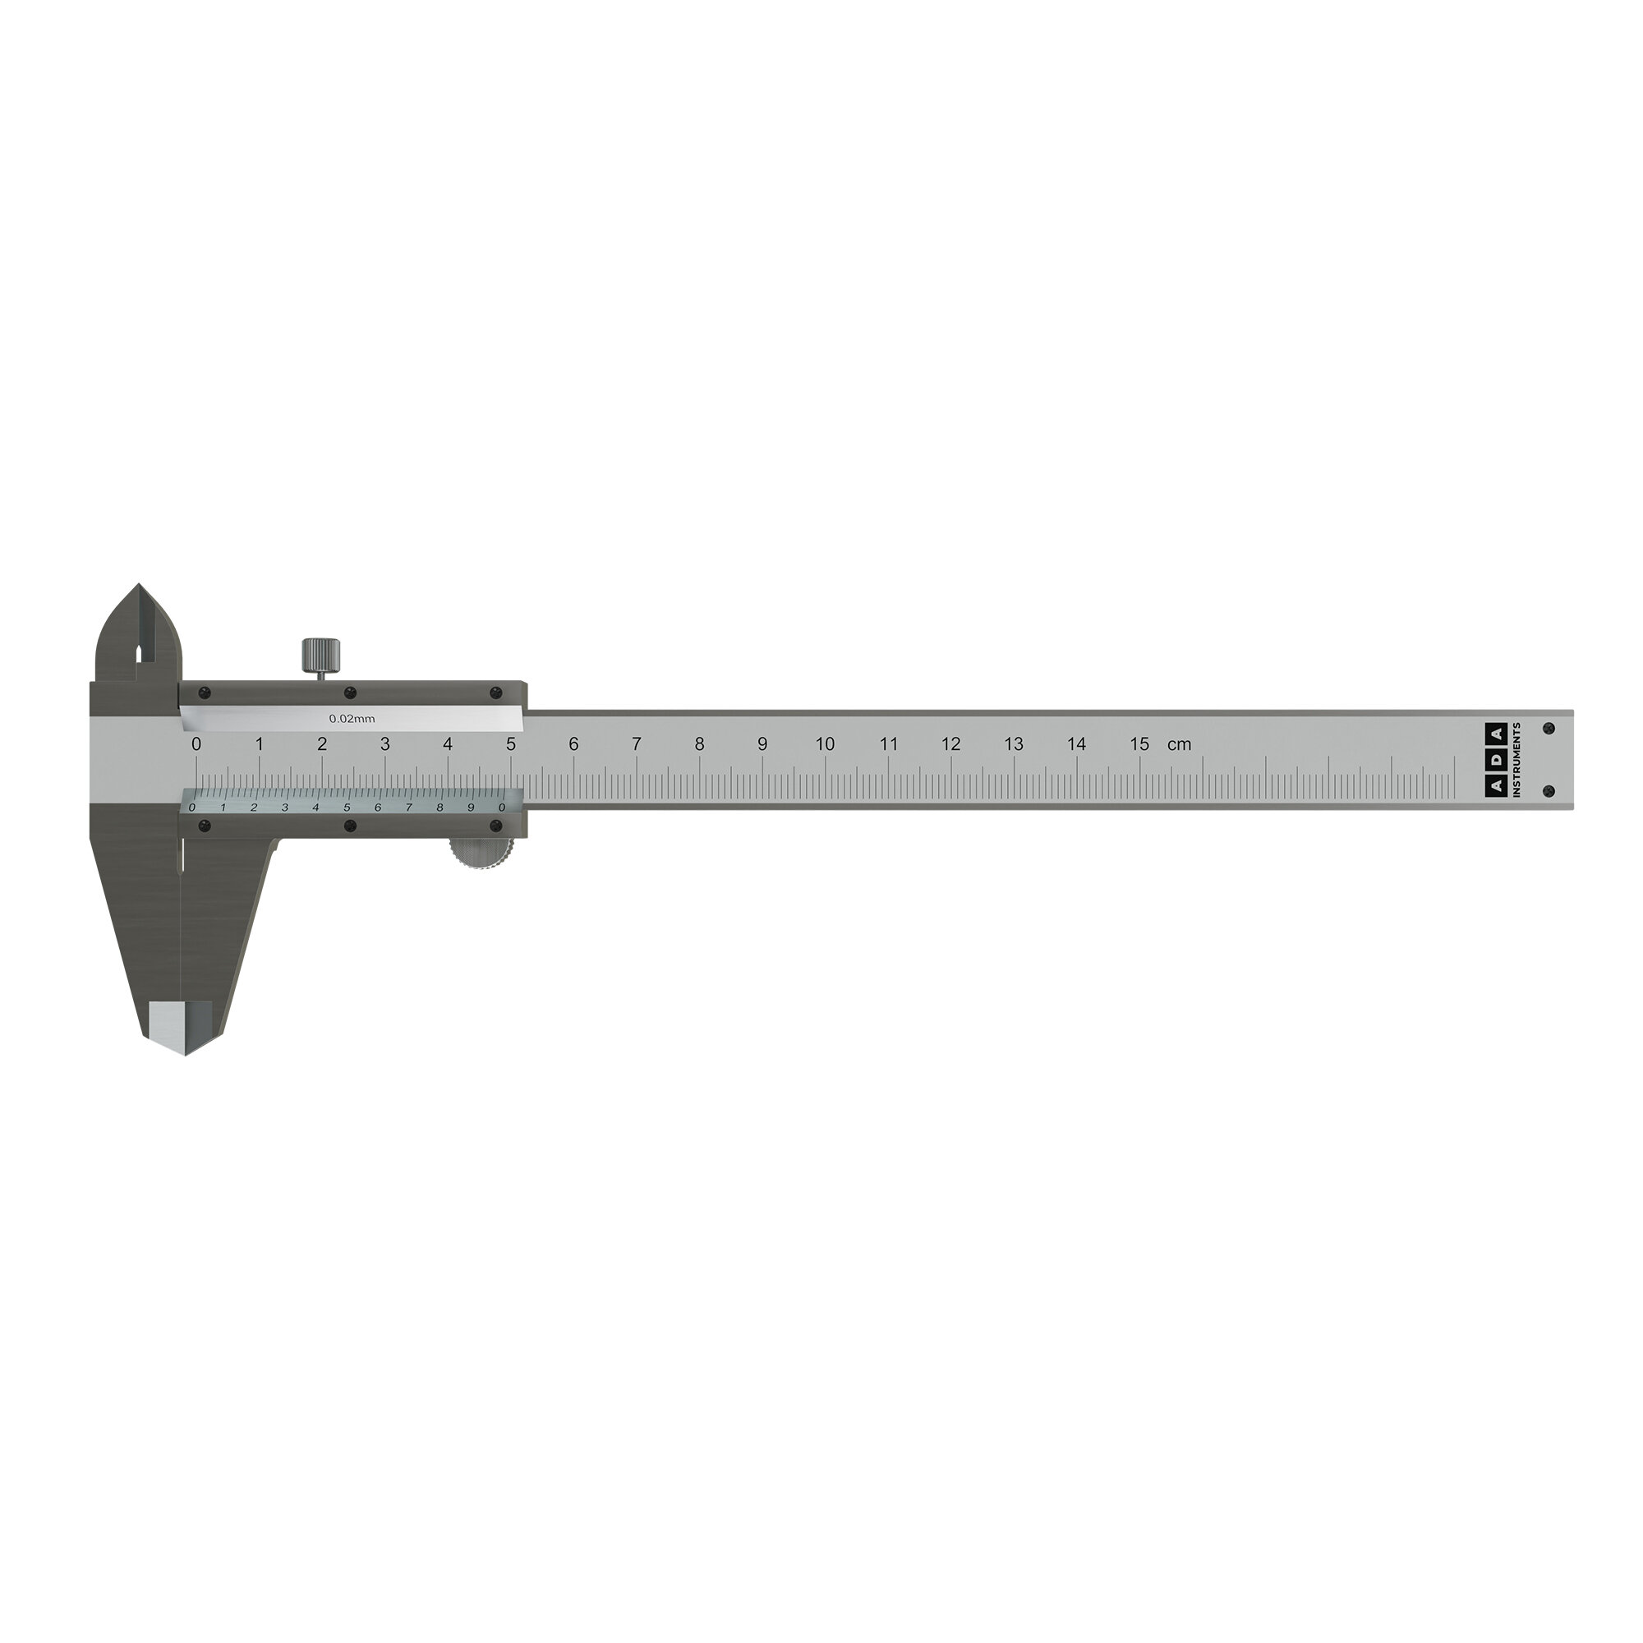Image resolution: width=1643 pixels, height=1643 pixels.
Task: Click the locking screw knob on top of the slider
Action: [321, 655]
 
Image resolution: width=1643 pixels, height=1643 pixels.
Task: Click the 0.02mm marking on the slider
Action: [352, 719]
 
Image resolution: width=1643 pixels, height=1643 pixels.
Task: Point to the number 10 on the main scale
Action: [825, 744]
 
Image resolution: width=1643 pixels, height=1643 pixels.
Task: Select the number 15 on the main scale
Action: [1139, 744]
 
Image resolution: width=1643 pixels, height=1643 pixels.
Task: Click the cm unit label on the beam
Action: [1179, 745]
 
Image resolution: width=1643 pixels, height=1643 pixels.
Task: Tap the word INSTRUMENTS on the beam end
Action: [1517, 760]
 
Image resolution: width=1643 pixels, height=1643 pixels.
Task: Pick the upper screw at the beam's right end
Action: [1549, 729]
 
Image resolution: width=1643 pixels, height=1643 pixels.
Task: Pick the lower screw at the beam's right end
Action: [1549, 792]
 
